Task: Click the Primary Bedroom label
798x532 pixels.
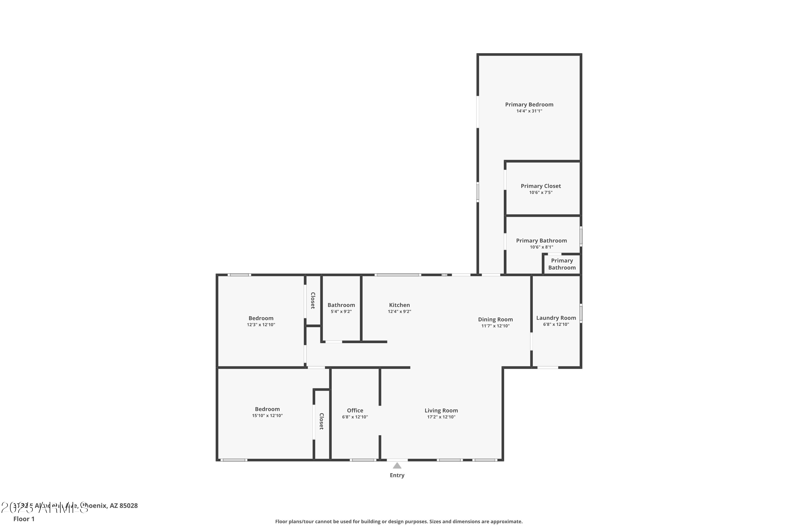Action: (529, 105)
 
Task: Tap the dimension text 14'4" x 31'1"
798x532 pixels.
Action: (529, 111)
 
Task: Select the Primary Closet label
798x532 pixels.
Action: (541, 186)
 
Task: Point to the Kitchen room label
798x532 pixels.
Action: (399, 305)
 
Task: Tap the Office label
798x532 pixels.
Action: (355, 410)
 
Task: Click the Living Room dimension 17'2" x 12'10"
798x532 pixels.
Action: (441, 417)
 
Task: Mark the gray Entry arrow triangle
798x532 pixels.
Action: (397, 466)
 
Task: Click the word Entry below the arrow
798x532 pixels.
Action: (397, 475)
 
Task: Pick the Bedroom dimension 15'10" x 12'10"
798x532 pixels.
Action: (267, 415)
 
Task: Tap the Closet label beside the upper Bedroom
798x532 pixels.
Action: (313, 301)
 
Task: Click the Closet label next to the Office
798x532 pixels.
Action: (322, 421)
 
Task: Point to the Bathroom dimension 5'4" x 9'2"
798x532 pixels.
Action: (341, 311)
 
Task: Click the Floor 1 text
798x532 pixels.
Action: (24, 519)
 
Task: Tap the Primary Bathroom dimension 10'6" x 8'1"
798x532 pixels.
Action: (542, 247)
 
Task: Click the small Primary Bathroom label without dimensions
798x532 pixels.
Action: (562, 264)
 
